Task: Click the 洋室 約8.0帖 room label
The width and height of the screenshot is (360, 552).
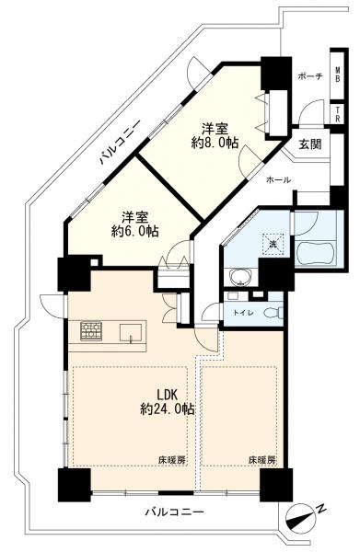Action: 215,135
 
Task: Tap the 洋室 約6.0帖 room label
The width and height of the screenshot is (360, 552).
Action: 135,224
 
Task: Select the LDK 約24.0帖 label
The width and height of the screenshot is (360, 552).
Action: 168,402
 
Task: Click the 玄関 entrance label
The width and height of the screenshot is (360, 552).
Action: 310,144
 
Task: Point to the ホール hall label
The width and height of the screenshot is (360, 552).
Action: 278,180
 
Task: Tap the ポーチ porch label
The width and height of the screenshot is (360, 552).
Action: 310,76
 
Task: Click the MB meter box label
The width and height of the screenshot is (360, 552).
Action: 338,75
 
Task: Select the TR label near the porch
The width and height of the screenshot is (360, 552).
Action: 338,115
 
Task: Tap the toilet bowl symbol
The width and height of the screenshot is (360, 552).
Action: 274,312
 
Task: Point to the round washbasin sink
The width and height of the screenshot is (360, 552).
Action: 240,278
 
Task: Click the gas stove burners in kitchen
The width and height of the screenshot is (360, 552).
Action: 91,331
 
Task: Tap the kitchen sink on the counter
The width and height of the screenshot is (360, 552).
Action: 131,333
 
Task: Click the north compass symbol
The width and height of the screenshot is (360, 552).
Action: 301,518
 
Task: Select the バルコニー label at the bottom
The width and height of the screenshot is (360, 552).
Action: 175,512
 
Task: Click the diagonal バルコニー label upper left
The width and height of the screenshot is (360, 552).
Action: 119,143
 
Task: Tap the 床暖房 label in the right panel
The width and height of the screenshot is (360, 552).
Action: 262,460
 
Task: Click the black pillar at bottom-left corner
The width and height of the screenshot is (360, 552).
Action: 74,485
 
